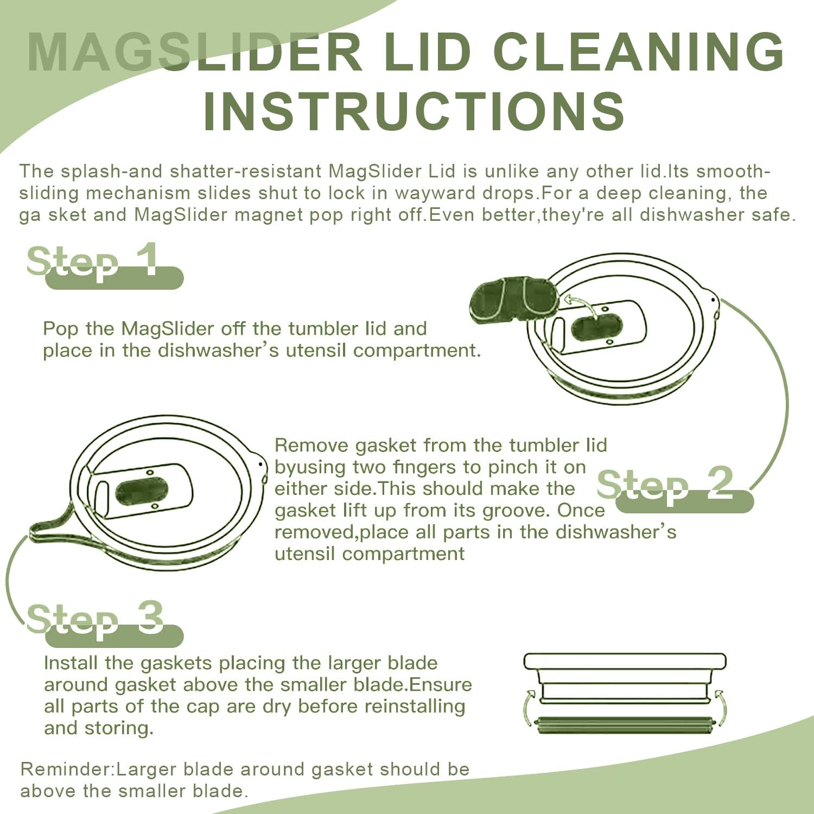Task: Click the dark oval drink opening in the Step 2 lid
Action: coord(142,491)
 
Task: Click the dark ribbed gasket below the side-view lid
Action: coord(624,725)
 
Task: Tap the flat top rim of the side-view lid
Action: coord(625,661)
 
